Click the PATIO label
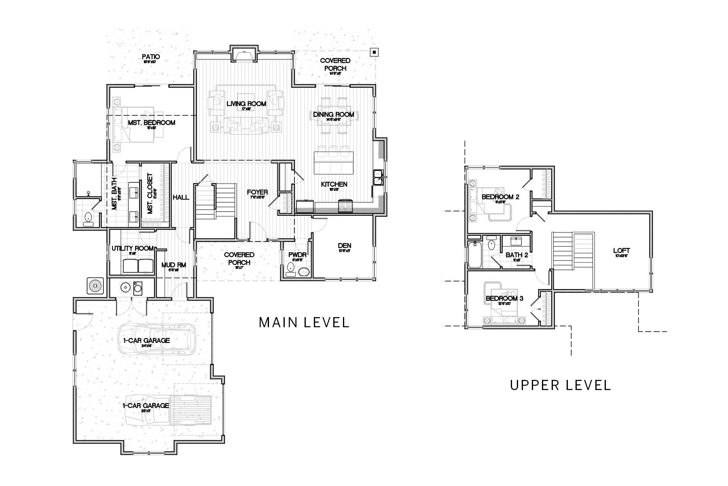(151, 57)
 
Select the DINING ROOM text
(333, 115)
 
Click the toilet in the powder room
(290, 269)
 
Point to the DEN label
(345, 245)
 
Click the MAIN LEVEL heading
(304, 322)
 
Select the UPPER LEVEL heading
(560, 385)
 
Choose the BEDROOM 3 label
(504, 298)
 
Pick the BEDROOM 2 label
(500, 197)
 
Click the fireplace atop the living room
(243, 54)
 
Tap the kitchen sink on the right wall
(379, 177)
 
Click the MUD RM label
(174, 265)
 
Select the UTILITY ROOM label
(132, 248)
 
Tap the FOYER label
(257, 192)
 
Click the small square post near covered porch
(375, 52)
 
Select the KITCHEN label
(334, 184)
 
